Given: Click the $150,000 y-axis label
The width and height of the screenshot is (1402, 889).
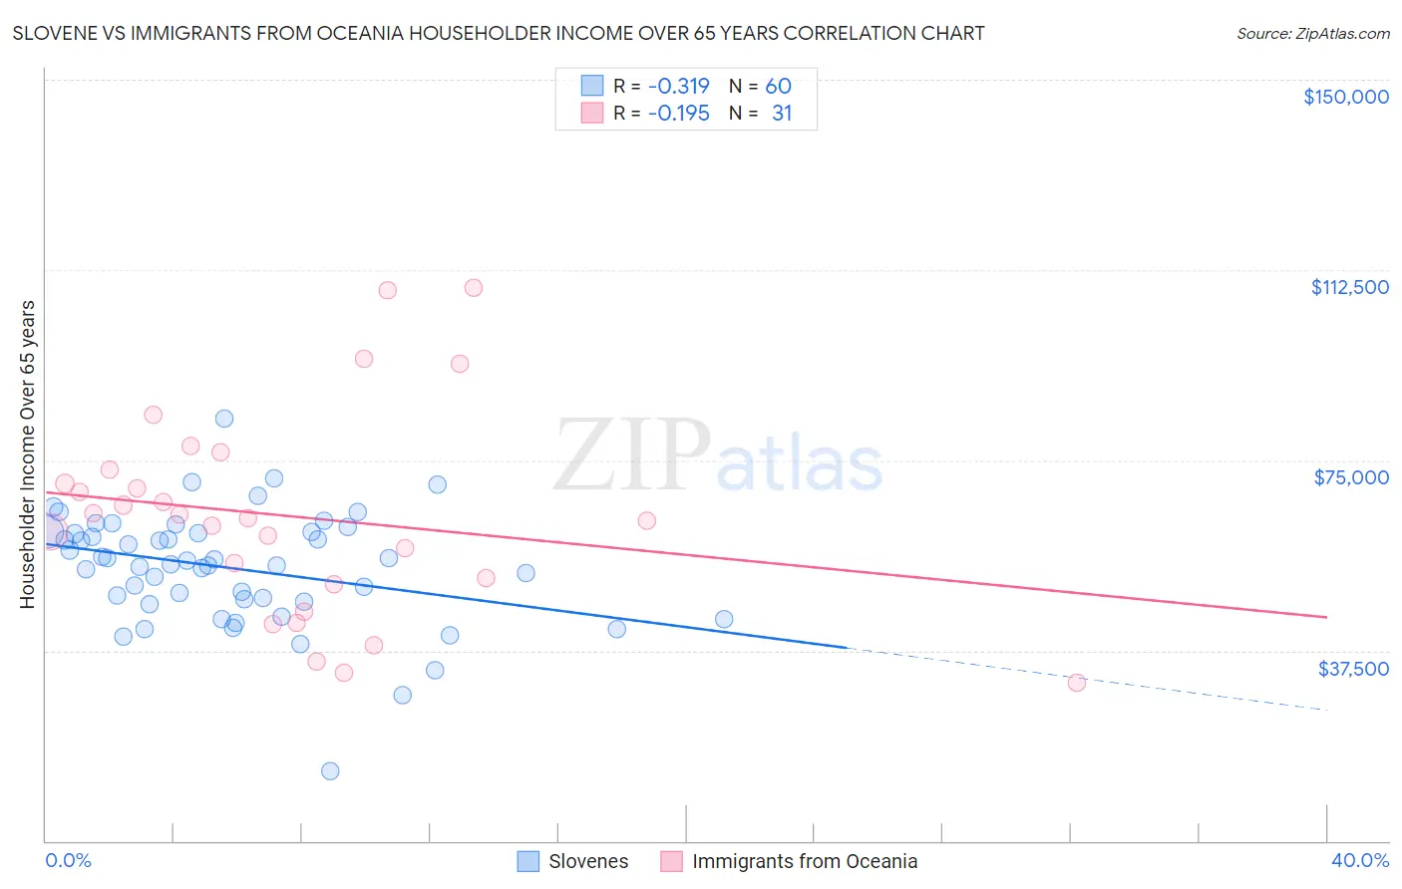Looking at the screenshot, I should click(x=1345, y=97).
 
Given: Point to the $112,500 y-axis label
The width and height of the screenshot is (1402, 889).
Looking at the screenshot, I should click(x=1349, y=287).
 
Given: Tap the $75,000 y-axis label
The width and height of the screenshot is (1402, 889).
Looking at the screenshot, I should click(x=1351, y=477).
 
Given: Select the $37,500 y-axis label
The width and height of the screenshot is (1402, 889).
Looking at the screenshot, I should click(x=1353, y=669).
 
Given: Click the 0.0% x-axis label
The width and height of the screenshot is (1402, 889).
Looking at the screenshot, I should click(x=68, y=861).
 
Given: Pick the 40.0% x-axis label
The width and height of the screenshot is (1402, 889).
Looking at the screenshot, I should click(x=1359, y=861).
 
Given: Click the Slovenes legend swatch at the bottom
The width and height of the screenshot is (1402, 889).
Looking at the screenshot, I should click(x=527, y=861).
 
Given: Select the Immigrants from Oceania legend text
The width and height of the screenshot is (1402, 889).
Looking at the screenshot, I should click(x=804, y=861).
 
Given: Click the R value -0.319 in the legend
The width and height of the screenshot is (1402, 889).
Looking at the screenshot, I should click(x=678, y=86).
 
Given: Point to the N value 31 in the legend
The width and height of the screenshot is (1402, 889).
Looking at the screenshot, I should click(x=782, y=114).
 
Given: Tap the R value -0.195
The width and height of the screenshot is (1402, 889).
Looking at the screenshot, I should click(x=678, y=114).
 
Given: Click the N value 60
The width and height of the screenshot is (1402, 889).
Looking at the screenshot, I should click(x=778, y=86).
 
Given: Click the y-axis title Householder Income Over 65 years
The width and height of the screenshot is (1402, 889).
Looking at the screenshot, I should click(x=28, y=453).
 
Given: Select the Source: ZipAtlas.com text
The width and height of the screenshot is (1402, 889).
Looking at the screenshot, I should click(x=1312, y=34).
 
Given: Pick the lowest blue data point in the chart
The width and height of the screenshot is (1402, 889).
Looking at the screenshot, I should click(x=330, y=770).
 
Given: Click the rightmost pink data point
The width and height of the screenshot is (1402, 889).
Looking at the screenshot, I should click(x=1076, y=683).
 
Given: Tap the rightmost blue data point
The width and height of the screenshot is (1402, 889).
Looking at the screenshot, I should click(x=724, y=619).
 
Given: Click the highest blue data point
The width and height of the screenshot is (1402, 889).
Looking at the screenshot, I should click(x=224, y=419).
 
